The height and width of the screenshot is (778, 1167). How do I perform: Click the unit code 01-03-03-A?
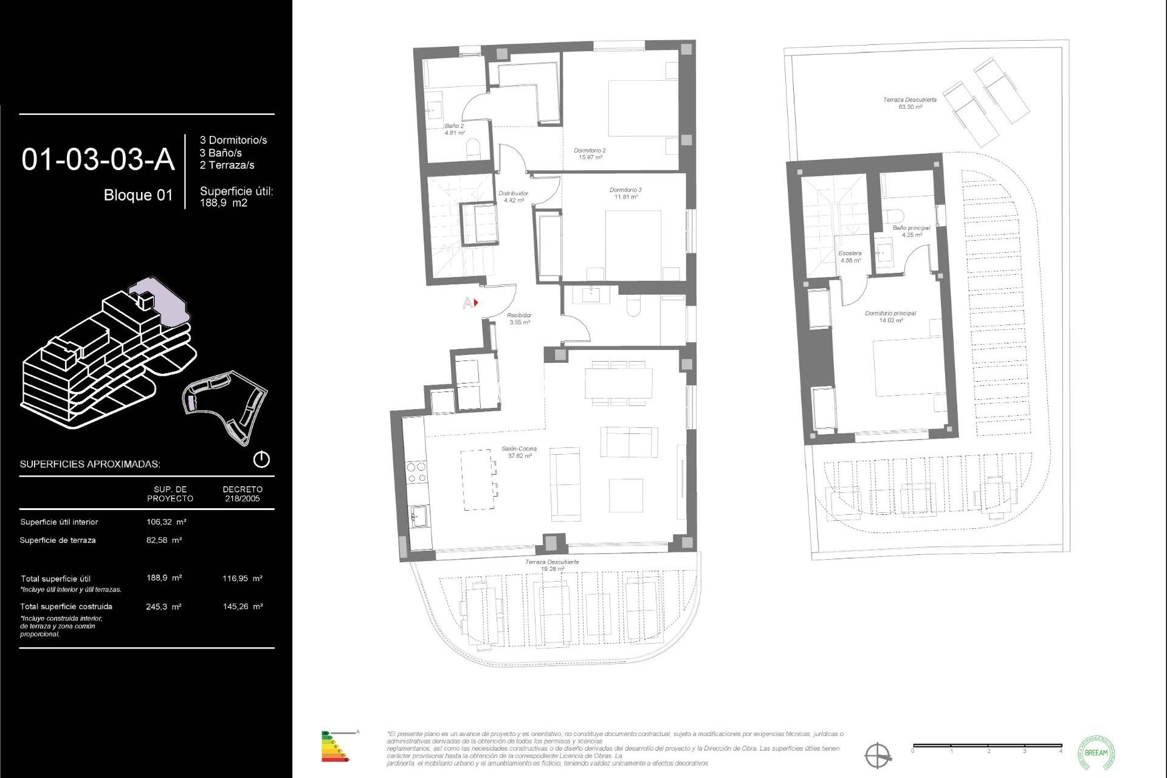(x=98, y=159)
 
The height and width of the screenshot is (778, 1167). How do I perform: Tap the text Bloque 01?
(x=138, y=195)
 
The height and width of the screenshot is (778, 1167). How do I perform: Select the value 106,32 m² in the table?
(x=166, y=522)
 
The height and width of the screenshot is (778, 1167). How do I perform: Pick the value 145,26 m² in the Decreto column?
(x=243, y=606)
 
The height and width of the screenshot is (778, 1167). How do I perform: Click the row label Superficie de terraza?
(x=58, y=540)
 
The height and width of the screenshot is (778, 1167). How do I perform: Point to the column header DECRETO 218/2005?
(x=243, y=494)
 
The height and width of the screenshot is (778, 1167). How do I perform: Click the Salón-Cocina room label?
(x=519, y=452)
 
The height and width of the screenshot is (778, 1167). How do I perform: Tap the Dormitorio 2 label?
(x=590, y=153)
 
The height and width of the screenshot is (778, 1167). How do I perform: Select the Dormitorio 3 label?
(x=625, y=193)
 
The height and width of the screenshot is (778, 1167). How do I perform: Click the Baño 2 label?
(x=454, y=129)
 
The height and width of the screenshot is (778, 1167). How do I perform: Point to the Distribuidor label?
(x=513, y=196)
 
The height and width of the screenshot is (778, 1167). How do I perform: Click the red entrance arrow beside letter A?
(x=476, y=302)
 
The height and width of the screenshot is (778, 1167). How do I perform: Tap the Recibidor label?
(x=519, y=318)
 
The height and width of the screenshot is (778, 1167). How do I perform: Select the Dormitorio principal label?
(x=890, y=317)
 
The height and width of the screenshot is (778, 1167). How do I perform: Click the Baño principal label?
(x=911, y=231)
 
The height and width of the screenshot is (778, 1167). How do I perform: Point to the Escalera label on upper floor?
(x=850, y=256)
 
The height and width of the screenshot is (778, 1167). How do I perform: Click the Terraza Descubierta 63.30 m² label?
(x=909, y=103)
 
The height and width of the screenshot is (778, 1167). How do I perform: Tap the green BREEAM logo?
(x=1096, y=752)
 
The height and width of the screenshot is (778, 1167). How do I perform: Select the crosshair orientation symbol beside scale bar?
(x=877, y=756)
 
